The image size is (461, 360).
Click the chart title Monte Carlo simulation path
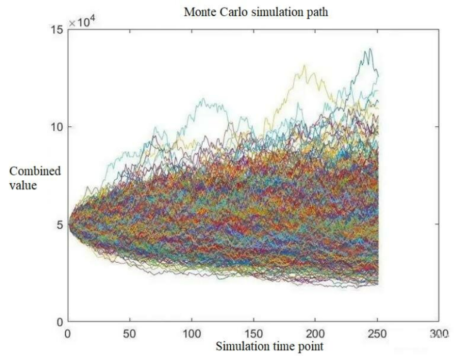point(256,12)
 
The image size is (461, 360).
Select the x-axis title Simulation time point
point(269,347)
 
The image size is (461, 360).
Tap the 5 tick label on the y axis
point(60,224)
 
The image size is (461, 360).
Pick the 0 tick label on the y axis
point(60,321)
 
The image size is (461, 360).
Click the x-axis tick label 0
point(68,334)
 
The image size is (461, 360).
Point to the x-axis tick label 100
point(192,334)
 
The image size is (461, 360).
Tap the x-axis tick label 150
point(253,334)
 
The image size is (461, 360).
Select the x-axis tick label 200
point(315,334)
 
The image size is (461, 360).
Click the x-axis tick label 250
point(377,334)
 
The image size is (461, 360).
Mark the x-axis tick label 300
point(439,334)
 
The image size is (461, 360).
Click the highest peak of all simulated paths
point(370,49)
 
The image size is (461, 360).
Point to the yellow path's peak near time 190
point(304,66)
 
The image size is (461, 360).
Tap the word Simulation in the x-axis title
point(238,347)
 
